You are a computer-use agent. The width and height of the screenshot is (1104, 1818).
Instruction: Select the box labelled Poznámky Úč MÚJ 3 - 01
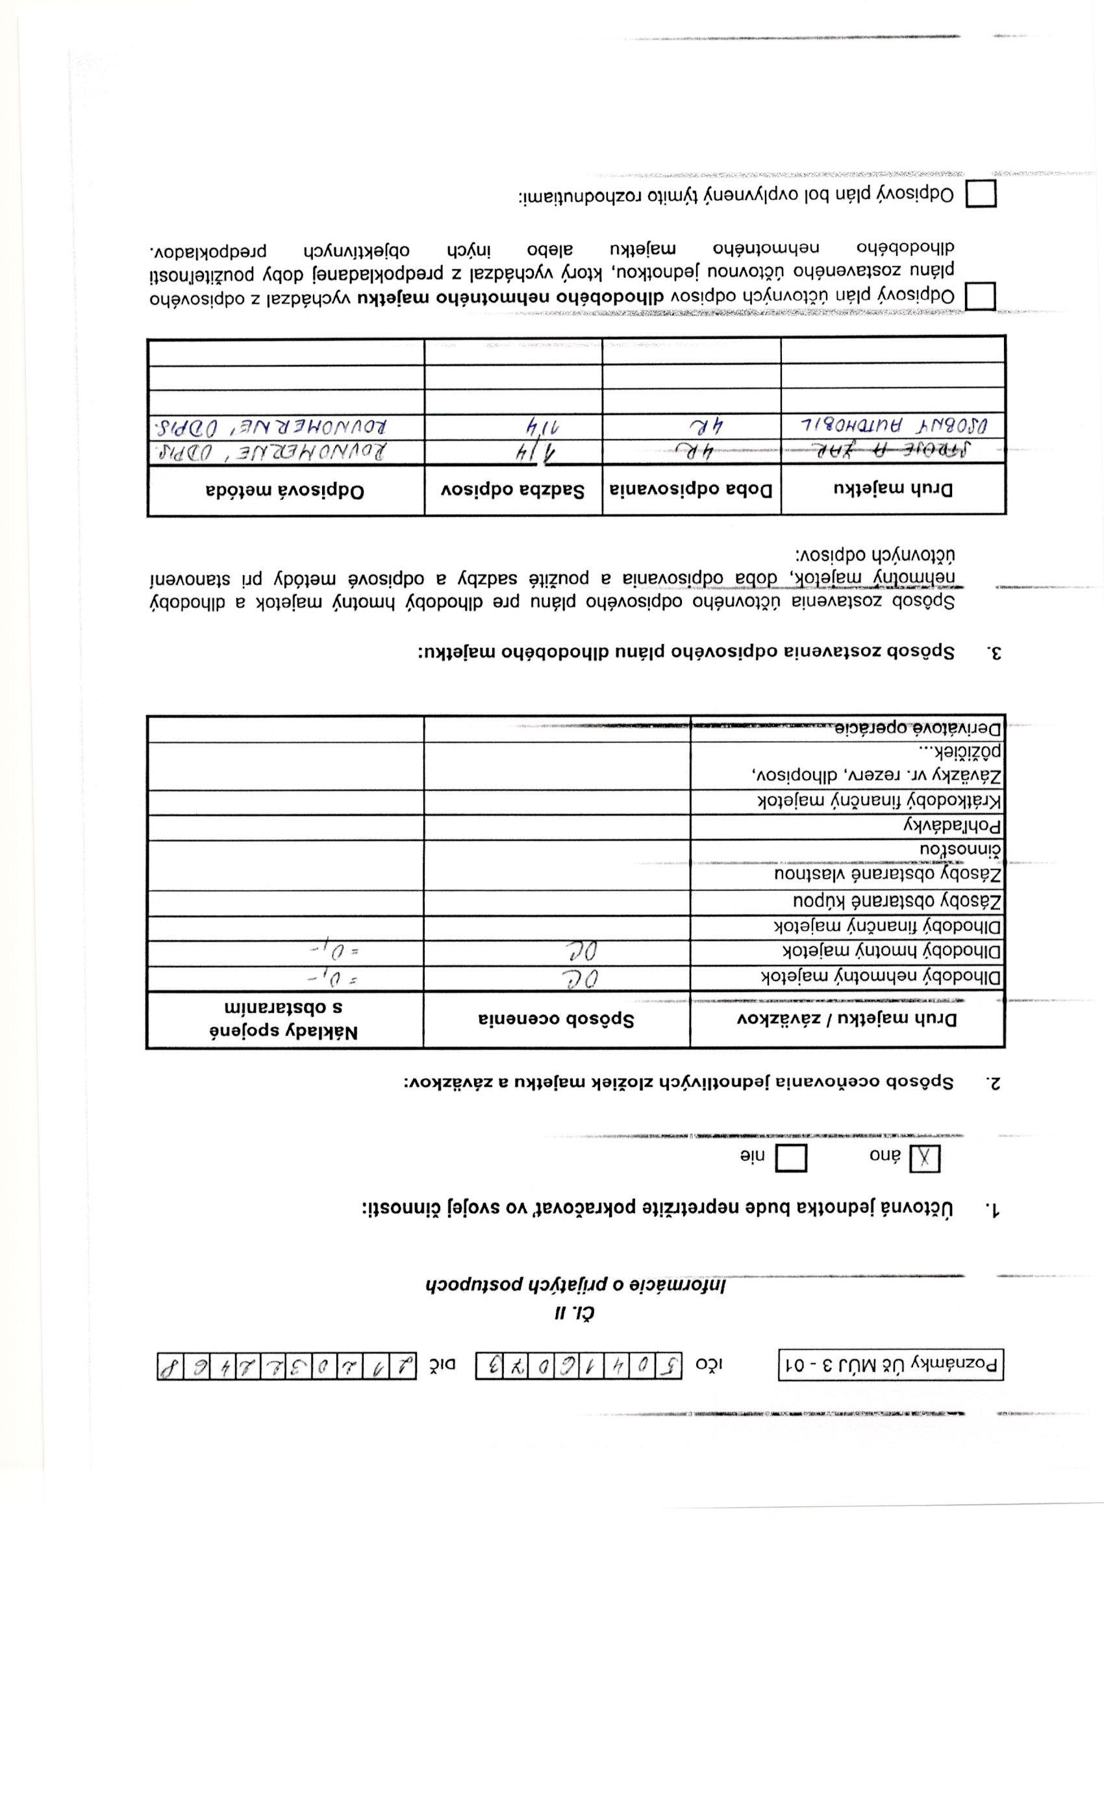point(892,1365)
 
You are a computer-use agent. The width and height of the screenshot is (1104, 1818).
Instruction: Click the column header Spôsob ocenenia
point(557,1019)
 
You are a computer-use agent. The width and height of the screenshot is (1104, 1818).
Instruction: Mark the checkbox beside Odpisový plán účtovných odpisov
point(981,297)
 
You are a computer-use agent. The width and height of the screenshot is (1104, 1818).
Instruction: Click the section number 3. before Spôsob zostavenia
point(994,653)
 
